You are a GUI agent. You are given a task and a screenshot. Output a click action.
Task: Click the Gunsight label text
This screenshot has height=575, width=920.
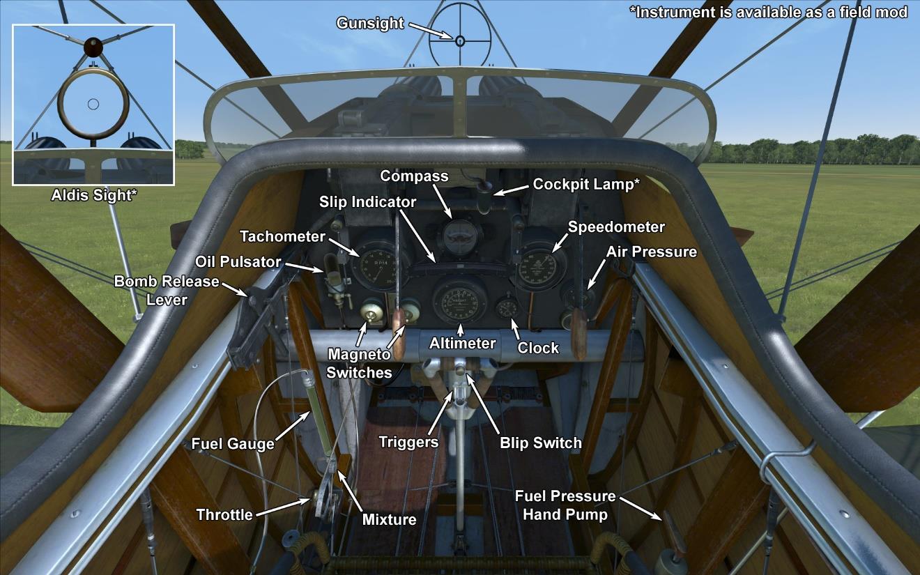point(369,23)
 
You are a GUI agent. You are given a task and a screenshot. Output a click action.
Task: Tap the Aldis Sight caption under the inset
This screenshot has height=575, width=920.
point(93,195)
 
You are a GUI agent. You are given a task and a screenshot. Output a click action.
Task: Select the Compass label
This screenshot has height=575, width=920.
point(414,176)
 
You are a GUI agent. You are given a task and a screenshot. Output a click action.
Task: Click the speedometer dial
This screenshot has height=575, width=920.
point(541,263)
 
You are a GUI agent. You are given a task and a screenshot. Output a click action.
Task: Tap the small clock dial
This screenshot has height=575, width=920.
point(506,309)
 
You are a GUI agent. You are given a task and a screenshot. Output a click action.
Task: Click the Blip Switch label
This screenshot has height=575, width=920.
point(540,442)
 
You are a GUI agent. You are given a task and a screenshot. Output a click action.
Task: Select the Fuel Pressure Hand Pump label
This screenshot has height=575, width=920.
point(565,505)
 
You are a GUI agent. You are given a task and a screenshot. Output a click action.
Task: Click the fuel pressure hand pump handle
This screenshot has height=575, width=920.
point(670,530)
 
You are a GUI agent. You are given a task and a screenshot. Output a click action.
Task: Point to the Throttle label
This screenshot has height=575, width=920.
point(224,514)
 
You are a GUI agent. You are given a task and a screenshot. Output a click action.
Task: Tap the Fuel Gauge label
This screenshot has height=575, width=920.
point(233,443)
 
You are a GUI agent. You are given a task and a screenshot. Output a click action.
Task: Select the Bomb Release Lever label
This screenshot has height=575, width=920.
point(167,290)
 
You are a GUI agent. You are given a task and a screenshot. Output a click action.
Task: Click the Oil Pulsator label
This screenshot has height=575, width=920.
point(238,261)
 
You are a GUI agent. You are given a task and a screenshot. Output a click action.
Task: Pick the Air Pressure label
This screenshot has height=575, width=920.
point(651,252)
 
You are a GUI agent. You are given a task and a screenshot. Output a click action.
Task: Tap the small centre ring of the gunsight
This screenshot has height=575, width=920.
point(460,40)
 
